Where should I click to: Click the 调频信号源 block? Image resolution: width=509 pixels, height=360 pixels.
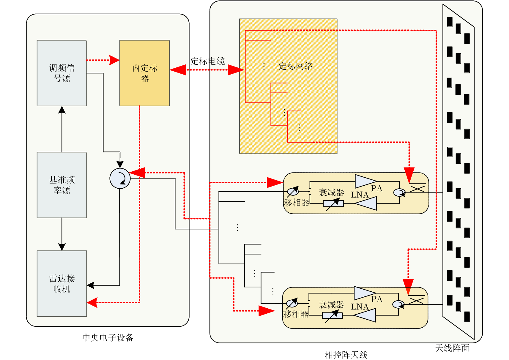(62, 73)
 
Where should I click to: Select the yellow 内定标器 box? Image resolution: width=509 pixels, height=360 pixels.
(144, 73)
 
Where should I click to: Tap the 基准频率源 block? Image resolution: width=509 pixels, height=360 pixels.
(62, 185)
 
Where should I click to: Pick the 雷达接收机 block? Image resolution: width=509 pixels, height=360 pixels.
(62, 283)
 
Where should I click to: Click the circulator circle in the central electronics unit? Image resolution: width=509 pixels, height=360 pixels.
(120, 179)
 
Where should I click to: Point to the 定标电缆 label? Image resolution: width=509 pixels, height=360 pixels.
(208, 61)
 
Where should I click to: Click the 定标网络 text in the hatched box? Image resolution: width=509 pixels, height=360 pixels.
(296, 66)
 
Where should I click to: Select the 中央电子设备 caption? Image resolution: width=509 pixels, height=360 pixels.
(108, 337)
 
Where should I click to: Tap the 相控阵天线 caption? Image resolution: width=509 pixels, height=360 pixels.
(346, 355)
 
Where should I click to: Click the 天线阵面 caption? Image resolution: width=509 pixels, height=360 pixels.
(452, 348)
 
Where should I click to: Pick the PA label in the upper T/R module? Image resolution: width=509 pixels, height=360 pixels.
(376, 188)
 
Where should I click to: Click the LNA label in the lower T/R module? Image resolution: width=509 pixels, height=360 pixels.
(360, 307)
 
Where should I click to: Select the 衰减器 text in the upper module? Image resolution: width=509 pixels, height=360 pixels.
(331, 192)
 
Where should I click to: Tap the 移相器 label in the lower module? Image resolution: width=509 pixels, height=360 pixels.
(296, 314)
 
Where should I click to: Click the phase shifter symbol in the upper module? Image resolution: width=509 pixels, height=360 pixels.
(293, 192)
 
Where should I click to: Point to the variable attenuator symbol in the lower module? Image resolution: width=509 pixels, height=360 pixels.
(332, 315)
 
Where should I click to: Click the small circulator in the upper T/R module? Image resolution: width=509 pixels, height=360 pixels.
(399, 192)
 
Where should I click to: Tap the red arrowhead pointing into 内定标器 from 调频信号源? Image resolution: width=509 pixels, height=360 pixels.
(114, 60)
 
